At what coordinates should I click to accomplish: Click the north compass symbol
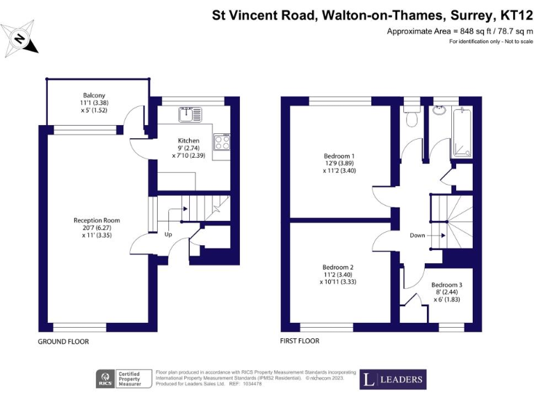[x=20, y=40]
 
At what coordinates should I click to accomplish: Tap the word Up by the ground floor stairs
[x=168, y=234]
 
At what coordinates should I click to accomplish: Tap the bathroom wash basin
[x=440, y=110]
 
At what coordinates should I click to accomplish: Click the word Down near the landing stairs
[x=417, y=235]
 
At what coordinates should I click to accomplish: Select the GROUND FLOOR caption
[x=63, y=342]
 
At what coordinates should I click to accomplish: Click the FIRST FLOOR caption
[x=300, y=342]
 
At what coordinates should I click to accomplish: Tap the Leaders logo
[x=393, y=379]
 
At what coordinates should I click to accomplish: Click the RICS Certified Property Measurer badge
[x=124, y=379]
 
